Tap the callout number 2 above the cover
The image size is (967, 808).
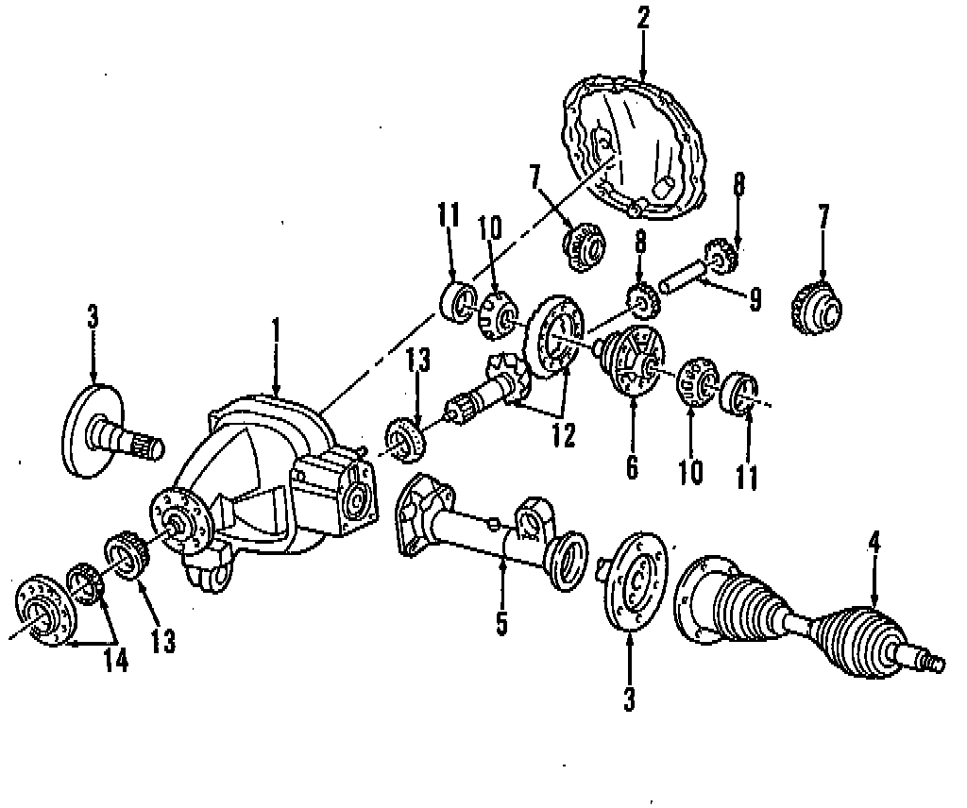pos(642,18)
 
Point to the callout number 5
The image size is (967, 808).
pos(502,623)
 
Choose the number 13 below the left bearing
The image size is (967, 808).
pos(162,642)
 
